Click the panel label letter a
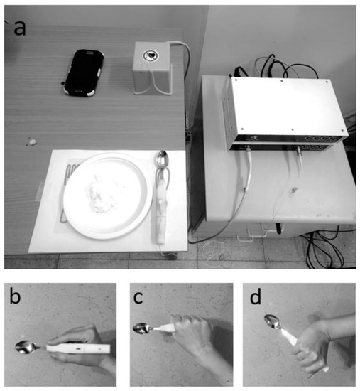point(20,28)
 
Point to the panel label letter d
point(256,296)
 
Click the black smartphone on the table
point(83,73)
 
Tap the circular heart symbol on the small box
point(150,55)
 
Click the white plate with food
point(108,195)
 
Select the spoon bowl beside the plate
point(162,159)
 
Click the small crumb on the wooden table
point(33,142)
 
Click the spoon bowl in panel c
point(141,328)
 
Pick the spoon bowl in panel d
point(273,321)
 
